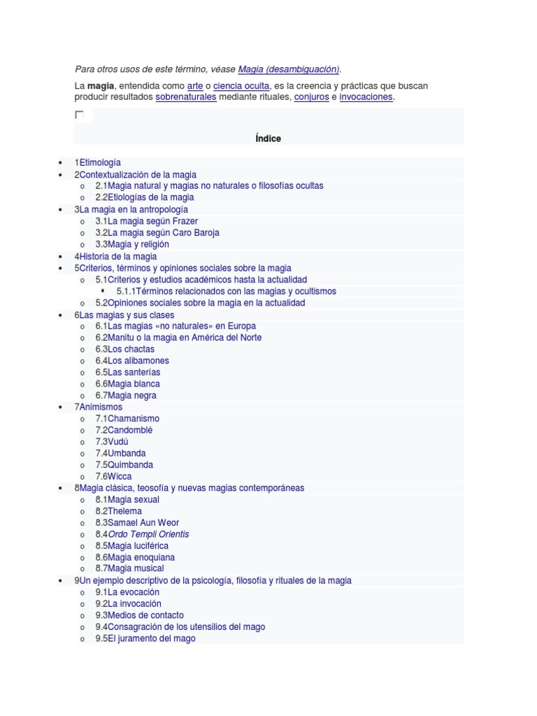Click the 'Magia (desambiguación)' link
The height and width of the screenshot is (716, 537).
tap(288, 69)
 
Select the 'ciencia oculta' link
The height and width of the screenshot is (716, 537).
tap(241, 86)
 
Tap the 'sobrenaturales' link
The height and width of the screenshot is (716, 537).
tap(185, 97)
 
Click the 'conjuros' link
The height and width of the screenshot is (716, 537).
tap(312, 97)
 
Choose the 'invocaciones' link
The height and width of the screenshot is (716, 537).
tap(366, 97)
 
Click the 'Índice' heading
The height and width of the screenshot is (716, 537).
tap(268, 138)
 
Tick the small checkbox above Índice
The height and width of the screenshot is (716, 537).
tap(79, 115)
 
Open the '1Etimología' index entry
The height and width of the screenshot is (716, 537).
tap(97, 163)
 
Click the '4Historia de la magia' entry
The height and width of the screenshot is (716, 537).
tap(115, 257)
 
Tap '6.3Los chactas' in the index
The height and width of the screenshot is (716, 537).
tap(125, 349)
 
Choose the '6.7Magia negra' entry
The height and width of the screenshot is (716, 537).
tap(126, 395)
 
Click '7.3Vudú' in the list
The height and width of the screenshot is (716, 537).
tap(112, 442)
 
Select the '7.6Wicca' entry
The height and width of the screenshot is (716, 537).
tap(113, 476)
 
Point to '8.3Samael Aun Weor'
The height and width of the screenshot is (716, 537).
tap(137, 522)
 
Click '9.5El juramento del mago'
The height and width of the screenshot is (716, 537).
tap(145, 638)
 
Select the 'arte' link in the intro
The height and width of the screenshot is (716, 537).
tap(195, 86)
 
